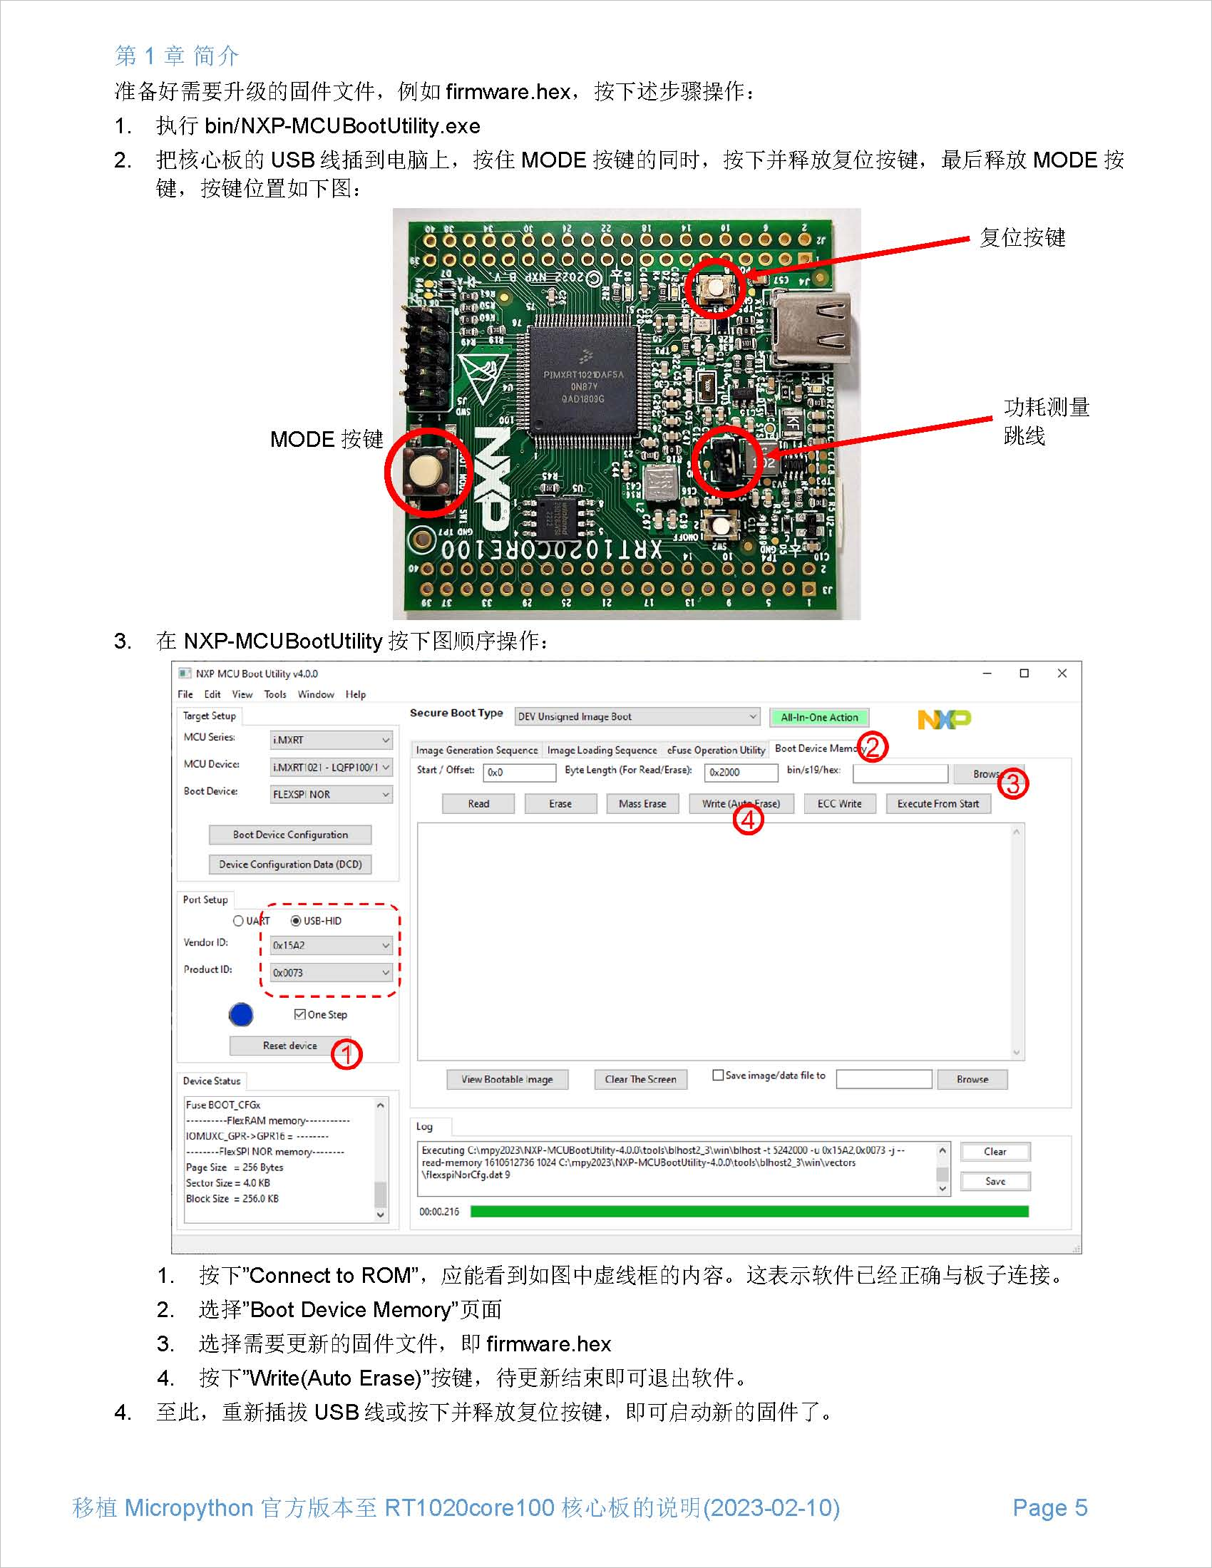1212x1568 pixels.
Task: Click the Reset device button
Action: [289, 1046]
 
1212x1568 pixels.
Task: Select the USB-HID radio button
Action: [296, 920]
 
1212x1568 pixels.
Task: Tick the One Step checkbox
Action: [300, 1014]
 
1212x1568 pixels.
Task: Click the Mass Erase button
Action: [642, 803]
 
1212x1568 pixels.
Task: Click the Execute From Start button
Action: [938, 803]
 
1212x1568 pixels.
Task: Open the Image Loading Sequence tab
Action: [602, 750]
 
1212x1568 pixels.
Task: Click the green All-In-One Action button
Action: [819, 717]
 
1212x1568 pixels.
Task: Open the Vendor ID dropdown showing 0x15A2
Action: [331, 946]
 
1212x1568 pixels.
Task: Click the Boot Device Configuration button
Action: [290, 835]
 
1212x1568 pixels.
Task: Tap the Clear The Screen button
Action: [640, 1079]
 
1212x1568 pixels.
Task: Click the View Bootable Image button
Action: [507, 1079]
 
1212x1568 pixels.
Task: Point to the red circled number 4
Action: [748, 820]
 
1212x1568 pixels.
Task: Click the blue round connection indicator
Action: [241, 1014]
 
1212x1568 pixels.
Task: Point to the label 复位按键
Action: [1022, 237]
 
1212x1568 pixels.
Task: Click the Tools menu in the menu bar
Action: [275, 694]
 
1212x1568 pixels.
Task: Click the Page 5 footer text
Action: [1049, 1507]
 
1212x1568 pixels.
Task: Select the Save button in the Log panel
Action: [995, 1181]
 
